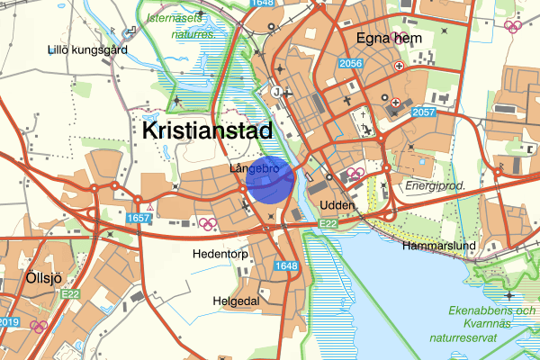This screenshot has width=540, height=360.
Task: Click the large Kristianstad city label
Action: pyautogui.click(x=207, y=130)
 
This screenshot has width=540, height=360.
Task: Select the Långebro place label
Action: pyautogui.click(x=252, y=168)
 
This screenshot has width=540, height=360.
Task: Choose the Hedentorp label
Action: pyautogui.click(x=219, y=254)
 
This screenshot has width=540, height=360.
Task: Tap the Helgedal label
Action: pyautogui.click(x=236, y=300)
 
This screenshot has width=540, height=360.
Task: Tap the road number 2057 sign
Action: pyautogui.click(x=423, y=112)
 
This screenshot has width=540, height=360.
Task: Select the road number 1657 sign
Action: pyautogui.click(x=139, y=219)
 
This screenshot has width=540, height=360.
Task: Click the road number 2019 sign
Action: pyautogui.click(x=7, y=321)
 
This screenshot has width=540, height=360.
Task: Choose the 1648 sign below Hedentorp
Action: pyautogui.click(x=286, y=266)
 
